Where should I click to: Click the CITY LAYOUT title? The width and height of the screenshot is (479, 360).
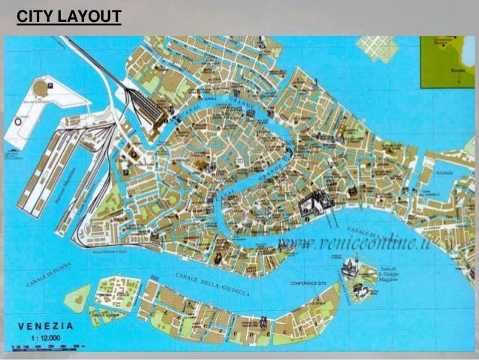68,15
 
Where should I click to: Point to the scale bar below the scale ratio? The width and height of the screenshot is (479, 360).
49,348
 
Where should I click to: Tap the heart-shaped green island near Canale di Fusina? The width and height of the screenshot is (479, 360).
77,301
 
